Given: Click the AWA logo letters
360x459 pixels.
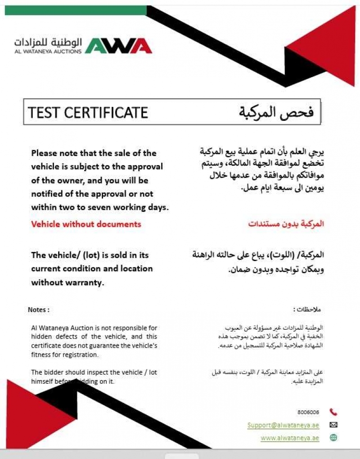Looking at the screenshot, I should (x=118, y=46).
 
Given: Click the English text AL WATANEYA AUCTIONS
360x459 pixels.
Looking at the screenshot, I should (x=48, y=51).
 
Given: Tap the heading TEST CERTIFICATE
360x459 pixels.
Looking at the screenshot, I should (x=88, y=112).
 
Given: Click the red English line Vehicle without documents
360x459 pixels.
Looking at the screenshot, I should (x=86, y=224).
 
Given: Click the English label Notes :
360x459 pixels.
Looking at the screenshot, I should (x=38, y=310).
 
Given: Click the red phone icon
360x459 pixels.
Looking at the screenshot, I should (x=333, y=412).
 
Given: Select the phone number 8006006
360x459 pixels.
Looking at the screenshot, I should (x=308, y=412).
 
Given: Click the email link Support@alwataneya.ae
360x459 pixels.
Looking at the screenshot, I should (x=283, y=425).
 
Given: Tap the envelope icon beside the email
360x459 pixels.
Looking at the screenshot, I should (x=333, y=425).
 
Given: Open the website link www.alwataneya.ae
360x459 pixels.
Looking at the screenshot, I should (x=290, y=438).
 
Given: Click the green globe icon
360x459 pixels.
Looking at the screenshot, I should (x=333, y=437).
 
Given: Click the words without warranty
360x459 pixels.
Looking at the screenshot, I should (x=67, y=283).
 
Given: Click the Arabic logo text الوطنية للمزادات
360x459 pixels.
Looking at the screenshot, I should (x=48, y=43).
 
